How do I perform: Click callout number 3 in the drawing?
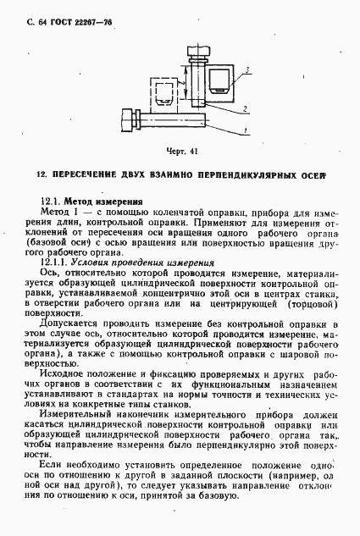pos(246,69)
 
